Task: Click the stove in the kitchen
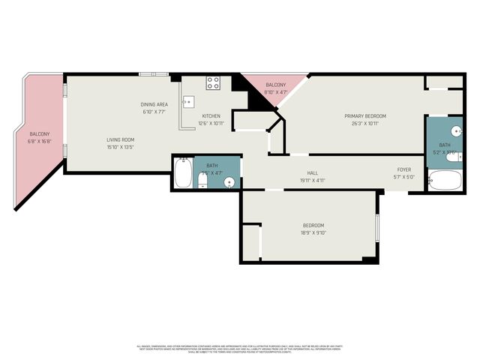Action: [214, 82]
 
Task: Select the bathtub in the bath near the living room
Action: [182, 172]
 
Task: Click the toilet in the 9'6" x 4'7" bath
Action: [203, 178]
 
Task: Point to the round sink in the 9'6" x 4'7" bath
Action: [229, 181]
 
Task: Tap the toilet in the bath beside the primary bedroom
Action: [451, 156]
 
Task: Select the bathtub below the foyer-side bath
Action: [446, 180]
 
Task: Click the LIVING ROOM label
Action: [120, 139]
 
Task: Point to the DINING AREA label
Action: [154, 104]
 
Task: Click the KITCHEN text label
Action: [211, 115]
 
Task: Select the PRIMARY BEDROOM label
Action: [365, 115]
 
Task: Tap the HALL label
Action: [292, 173]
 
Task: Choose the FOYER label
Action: [404, 170]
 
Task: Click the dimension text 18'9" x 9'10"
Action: [314, 233]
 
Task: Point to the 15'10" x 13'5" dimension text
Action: [120, 147]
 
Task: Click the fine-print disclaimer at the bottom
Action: [240, 349]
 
